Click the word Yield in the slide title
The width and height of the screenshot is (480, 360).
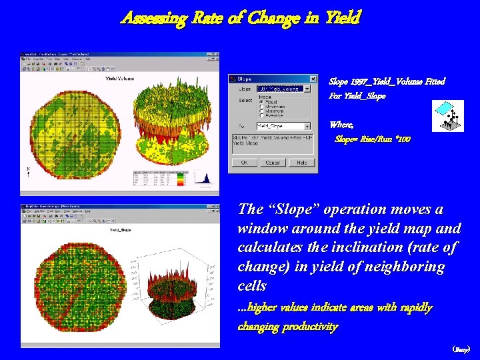pos(342,18)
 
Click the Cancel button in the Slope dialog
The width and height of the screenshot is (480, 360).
pos(273,163)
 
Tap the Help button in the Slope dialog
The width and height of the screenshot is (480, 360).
pos(301,163)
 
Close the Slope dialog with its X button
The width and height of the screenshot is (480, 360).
pos(313,79)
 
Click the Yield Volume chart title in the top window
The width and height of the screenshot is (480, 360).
pos(120,78)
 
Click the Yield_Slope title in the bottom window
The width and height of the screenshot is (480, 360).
pos(120,230)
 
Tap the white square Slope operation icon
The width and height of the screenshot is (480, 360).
pos(448,115)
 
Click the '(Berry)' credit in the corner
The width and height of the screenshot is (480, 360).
pos(461,349)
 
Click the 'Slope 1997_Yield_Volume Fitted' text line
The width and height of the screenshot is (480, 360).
pos(387,81)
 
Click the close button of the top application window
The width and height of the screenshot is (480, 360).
pos(215,55)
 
